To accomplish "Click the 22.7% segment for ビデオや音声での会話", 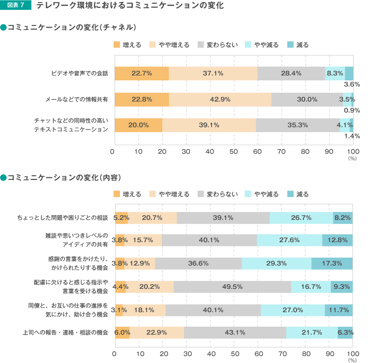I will point(142,73).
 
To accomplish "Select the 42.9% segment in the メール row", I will point(220,99).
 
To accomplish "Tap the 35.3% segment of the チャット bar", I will point(298,125).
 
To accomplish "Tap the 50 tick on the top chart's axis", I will point(233,151).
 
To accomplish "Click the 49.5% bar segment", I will point(232,286).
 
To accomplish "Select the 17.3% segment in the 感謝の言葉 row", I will point(332,263).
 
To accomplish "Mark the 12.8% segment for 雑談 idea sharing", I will point(337,240).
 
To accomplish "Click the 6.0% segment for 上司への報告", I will point(122,332).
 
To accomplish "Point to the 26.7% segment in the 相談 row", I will point(301,218).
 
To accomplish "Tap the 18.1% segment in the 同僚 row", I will point(144,310).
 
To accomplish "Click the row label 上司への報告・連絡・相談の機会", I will point(65,332).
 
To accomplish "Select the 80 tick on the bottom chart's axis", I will point(305,353).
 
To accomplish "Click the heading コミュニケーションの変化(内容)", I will point(64,178).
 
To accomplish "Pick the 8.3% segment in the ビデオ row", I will point(335,73).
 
